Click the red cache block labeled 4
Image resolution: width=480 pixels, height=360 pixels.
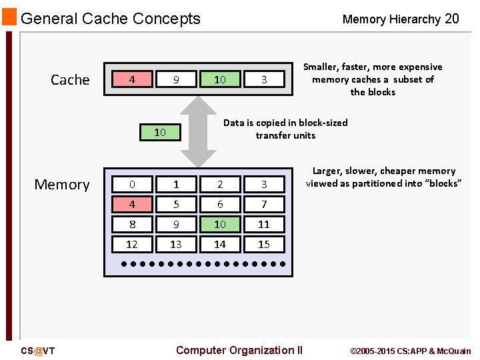tap(132, 79)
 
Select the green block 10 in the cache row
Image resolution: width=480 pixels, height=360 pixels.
tap(220, 79)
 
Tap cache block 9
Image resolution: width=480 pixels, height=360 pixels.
tap(176, 79)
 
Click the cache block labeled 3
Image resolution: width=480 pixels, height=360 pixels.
tap(264, 79)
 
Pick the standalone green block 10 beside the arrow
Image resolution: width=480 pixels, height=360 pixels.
tap(160, 132)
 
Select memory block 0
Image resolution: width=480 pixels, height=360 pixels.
tap(132, 184)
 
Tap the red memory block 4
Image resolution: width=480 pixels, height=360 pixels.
tap(132, 204)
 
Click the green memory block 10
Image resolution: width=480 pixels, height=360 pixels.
tap(220, 225)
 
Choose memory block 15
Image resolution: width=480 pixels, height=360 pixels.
tap(264, 245)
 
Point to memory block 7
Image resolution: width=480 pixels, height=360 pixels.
tap(264, 204)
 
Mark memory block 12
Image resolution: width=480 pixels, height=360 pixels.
tap(132, 245)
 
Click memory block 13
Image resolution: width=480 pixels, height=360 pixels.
tap(176, 245)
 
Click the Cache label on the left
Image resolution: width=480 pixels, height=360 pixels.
tap(70, 80)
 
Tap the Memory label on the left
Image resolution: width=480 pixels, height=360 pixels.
tap(62, 185)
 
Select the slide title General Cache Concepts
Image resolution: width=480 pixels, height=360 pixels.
tap(111, 19)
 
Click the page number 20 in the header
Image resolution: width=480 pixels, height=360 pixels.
tap(451, 19)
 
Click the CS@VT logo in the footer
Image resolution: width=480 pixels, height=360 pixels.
tap(38, 351)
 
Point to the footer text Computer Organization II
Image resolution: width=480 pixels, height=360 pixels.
tap(239, 350)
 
